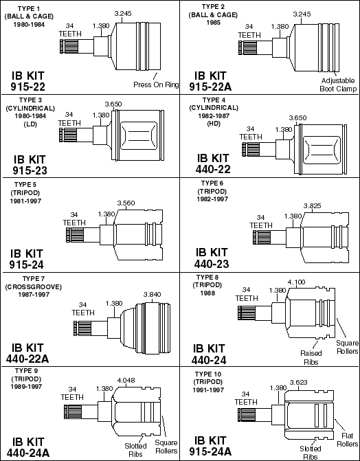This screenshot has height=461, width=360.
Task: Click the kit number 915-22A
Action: click(x=210, y=87)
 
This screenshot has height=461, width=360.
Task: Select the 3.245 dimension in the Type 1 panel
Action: click(x=123, y=13)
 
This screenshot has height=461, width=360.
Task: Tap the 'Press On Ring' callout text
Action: click(x=156, y=85)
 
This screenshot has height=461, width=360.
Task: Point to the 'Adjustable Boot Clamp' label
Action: click(x=338, y=85)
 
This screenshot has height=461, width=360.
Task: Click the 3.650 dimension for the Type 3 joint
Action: click(x=113, y=104)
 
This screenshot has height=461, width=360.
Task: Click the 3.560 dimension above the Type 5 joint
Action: click(x=126, y=203)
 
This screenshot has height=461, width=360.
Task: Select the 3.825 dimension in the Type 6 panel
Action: click(x=313, y=206)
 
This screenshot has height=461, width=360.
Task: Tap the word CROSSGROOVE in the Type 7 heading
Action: click(x=33, y=286)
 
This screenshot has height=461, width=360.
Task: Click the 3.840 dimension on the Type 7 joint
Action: click(x=152, y=295)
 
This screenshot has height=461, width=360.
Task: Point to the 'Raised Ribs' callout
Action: click(x=311, y=357)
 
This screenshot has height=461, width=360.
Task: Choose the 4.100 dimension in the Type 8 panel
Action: click(x=296, y=282)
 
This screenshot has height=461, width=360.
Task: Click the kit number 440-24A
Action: click(x=28, y=453)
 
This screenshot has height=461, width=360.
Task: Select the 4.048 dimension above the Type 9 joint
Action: click(x=126, y=381)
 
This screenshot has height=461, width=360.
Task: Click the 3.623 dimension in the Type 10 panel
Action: click(x=299, y=382)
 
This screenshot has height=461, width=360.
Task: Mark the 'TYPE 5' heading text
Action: click(x=26, y=185)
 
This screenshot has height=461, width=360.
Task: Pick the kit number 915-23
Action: click(x=30, y=170)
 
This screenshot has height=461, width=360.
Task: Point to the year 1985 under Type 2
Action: click(x=213, y=23)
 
